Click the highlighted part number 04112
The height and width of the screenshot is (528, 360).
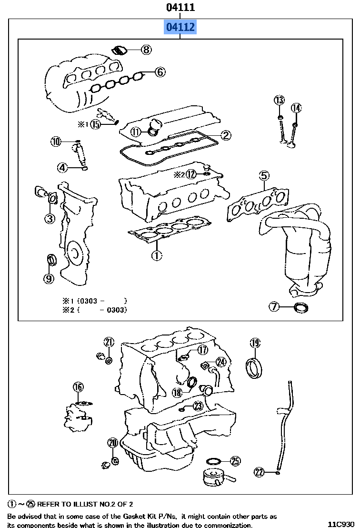pos(180,27)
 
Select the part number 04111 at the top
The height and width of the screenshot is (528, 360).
pos(180,7)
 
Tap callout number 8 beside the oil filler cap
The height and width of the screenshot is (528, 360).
pos(146,49)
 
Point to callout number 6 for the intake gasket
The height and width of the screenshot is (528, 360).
pos(160,72)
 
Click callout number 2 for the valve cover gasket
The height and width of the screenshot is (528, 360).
pos(225,135)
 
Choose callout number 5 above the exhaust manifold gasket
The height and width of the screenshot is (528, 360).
pos(264,176)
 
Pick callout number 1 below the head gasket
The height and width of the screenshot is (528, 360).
pos(157,255)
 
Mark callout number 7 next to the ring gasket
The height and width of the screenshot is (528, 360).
pos(274,307)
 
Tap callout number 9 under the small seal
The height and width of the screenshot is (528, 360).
pos(49,279)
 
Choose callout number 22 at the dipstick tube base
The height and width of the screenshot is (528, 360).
pos(259,472)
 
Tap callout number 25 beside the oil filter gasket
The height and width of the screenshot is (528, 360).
pos(235,461)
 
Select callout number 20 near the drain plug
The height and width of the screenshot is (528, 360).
pos(112,443)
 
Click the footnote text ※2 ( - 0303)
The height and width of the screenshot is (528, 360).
pos(94,310)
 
